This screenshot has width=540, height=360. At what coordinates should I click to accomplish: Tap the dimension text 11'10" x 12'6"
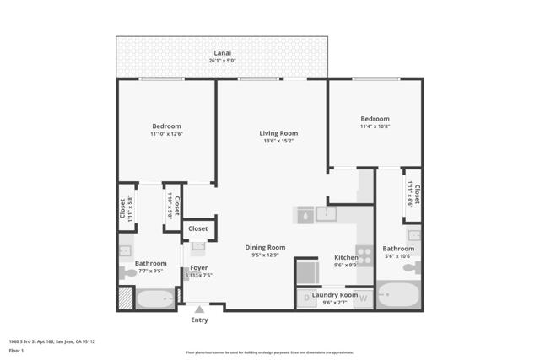click(166, 134)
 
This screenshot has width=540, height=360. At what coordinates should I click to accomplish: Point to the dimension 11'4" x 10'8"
click(375, 126)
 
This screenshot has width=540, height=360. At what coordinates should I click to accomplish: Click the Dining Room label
click(265, 247)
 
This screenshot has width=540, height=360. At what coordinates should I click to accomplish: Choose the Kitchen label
click(346, 257)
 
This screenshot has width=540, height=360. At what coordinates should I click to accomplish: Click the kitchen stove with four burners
click(364, 255)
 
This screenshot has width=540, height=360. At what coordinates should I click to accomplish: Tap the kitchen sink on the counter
click(326, 214)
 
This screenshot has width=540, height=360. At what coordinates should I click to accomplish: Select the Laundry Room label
click(335, 294)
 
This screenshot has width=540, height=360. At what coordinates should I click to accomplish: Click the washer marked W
click(364, 298)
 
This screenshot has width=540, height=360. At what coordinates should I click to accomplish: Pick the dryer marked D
click(305, 298)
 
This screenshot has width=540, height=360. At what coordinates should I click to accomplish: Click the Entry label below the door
click(199, 320)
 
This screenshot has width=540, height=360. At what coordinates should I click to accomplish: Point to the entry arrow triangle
click(199, 309)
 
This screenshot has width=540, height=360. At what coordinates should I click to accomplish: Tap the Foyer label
click(198, 267)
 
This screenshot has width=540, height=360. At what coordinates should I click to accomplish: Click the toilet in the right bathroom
click(411, 267)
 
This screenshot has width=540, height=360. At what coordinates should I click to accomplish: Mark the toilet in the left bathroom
click(128, 272)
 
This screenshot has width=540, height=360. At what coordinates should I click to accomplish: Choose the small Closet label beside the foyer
click(198, 228)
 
